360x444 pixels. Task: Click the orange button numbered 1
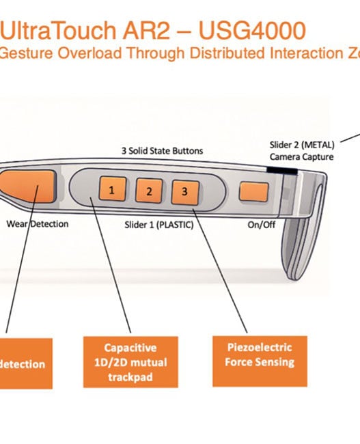point(112,189)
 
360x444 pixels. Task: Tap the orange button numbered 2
point(148,191)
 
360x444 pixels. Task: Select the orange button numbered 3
point(184,192)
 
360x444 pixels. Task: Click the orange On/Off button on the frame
point(253,193)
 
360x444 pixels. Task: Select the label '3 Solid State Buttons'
point(163,150)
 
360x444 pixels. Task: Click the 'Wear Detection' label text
point(37,223)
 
